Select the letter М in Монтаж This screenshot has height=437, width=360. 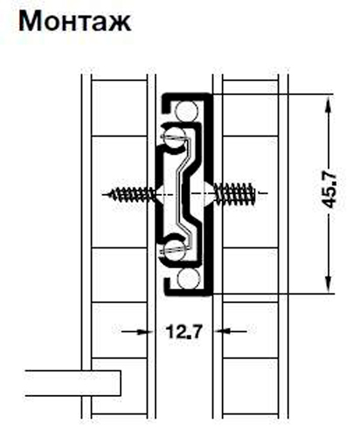click(30, 21)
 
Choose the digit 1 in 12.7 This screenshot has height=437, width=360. click(167, 332)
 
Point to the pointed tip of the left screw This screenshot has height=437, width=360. click(106, 192)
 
